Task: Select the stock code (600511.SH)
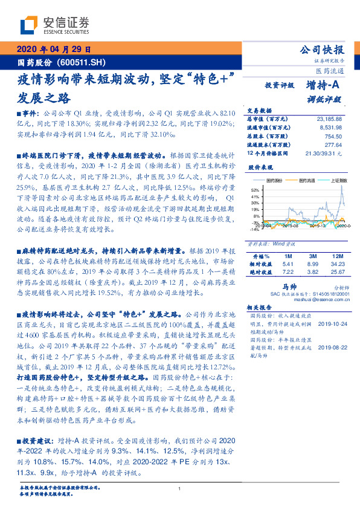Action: [84, 62]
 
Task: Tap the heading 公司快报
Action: [322, 50]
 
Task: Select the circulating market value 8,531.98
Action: [330, 128]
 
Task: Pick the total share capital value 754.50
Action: [334, 137]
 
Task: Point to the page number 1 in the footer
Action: [179, 488]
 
